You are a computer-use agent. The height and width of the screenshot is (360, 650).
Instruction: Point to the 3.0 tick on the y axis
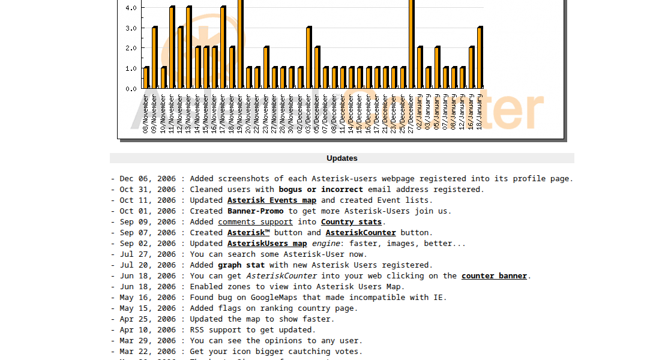pos(131,28)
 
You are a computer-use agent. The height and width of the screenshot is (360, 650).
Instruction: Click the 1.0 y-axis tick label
pos(131,68)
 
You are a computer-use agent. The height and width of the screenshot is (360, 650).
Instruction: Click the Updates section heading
pos(342,158)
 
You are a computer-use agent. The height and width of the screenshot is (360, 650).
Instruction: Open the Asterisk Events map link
pos(271,200)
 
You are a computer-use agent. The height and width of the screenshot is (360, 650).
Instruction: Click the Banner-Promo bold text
pos(255,211)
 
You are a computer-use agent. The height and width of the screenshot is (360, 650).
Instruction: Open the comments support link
pos(255,222)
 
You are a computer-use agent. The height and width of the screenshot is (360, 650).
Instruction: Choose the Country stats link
pos(351,222)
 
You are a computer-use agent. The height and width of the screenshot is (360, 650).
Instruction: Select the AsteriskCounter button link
pos(361,233)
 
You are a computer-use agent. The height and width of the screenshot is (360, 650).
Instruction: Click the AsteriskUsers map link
pos(267,244)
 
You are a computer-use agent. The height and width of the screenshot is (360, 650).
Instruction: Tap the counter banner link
pos(494,276)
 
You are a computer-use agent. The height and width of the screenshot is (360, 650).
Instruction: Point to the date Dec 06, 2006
pos(148,179)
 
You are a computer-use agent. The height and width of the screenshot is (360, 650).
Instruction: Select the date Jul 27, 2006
pos(148,254)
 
